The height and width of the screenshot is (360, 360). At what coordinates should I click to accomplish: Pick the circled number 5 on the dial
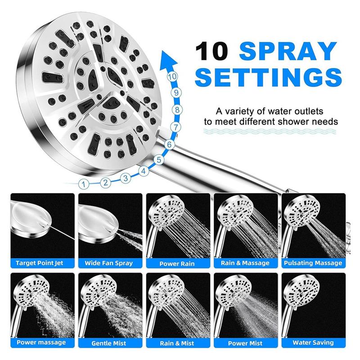pyautogui.click(x=158, y=159)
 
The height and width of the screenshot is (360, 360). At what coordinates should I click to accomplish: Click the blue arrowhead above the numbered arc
pyautogui.click(x=167, y=59)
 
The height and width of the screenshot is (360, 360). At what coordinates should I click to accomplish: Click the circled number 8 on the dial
pyautogui.click(x=177, y=110)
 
